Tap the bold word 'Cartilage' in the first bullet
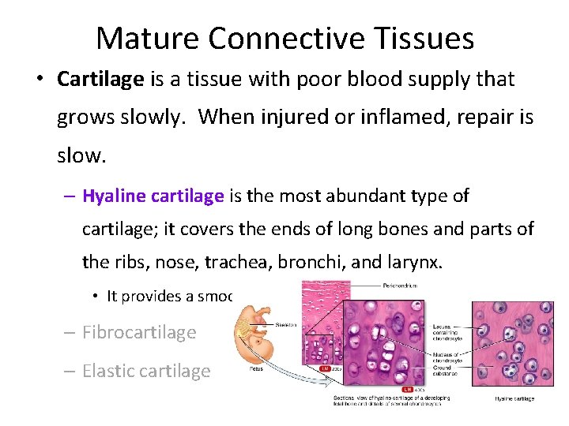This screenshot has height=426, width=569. (100, 79)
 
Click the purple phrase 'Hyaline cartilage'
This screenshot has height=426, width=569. (153, 196)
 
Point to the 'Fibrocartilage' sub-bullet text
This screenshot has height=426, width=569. (138, 332)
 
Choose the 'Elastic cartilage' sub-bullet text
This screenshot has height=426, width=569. (146, 371)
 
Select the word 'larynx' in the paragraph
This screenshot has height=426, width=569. (409, 262)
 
